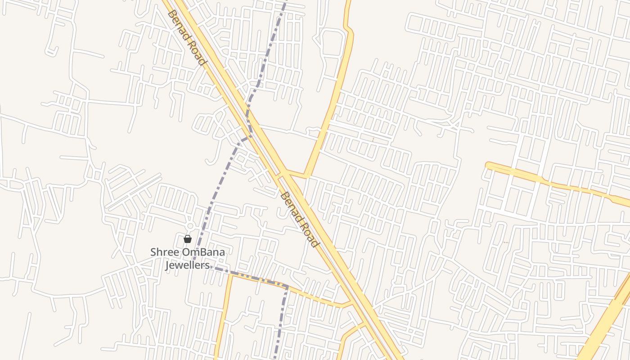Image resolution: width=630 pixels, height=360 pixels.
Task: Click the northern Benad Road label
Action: (186, 38)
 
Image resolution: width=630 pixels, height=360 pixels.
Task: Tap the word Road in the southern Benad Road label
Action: (308, 233)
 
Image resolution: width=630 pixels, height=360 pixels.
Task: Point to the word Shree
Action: (165, 252)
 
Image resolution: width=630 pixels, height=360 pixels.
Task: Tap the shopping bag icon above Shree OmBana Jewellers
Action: (188, 239)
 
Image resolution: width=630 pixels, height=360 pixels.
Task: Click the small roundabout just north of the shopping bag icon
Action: (190, 226)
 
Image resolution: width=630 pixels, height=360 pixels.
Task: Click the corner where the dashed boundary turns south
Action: (286, 286)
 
